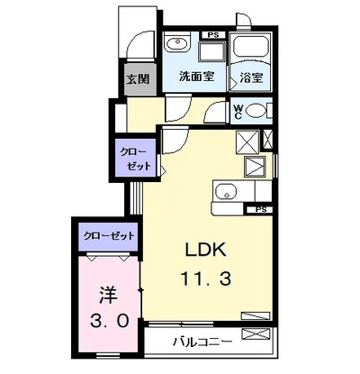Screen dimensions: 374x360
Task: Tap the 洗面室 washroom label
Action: [x=195, y=77]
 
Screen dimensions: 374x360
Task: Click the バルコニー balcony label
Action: [x=203, y=342]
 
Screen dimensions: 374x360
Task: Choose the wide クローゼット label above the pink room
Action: [x=107, y=235]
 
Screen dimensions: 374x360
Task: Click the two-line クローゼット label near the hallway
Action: [x=131, y=159]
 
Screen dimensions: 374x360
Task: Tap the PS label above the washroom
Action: [x=212, y=35]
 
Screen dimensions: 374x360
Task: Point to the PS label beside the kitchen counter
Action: [x=261, y=210]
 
